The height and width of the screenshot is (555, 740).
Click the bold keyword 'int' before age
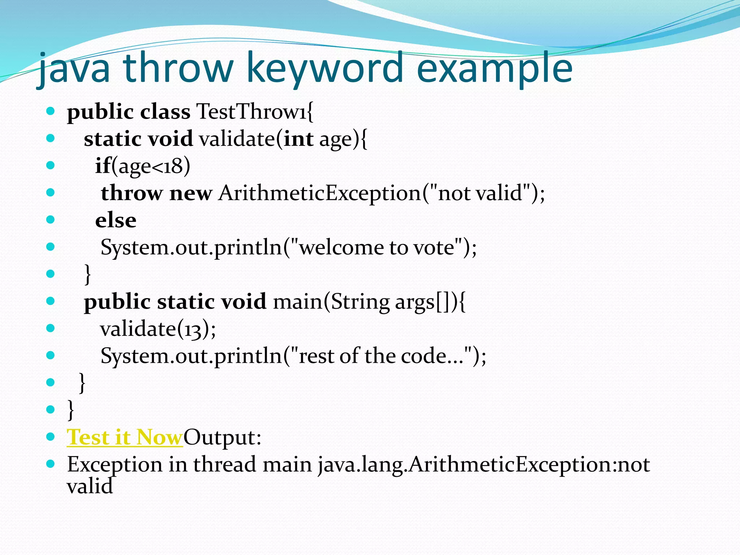coord(298,139)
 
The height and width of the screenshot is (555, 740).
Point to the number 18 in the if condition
coord(174,166)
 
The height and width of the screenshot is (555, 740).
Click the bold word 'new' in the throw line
coord(190,193)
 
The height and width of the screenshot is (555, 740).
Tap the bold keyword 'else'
coord(116,220)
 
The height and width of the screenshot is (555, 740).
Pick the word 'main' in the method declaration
coord(297,302)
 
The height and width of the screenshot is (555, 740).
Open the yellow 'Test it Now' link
coord(125,438)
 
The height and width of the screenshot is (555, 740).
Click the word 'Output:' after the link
coord(222,438)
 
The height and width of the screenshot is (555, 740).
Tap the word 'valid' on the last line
coord(90,486)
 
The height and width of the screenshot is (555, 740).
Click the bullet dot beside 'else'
coord(51,220)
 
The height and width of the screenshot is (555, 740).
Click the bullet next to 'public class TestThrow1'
coord(51,111)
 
